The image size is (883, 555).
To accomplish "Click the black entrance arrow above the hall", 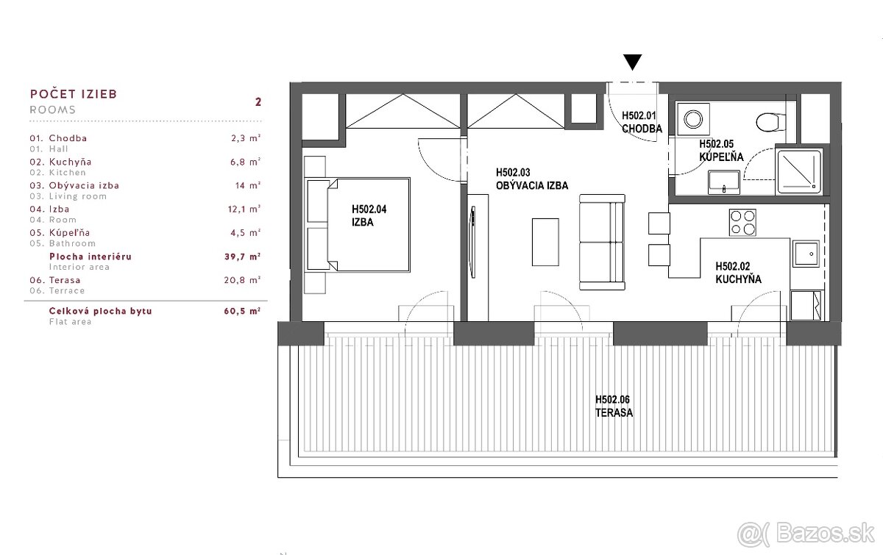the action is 632,62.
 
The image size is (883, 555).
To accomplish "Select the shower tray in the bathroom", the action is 798,171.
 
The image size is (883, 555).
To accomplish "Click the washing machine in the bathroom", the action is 693,119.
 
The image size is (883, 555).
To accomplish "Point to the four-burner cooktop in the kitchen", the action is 742,222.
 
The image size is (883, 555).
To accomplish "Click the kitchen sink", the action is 806,254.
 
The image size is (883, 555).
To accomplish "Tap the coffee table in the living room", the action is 545,242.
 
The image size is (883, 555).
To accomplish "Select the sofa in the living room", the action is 602,242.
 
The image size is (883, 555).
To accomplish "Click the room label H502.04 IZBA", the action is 369,215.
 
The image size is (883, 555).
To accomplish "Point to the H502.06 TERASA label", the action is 614,406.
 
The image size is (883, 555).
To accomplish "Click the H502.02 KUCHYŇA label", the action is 738,273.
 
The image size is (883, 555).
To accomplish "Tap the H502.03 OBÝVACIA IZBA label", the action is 532,179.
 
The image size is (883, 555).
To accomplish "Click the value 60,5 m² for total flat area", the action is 242,311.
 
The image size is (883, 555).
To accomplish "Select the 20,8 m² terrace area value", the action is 242,279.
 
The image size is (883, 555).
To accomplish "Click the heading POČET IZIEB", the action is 74,94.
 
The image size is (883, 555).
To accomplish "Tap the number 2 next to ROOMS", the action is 258,101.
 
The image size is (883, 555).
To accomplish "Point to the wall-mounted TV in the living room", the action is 472,242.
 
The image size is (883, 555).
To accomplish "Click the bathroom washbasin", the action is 724,182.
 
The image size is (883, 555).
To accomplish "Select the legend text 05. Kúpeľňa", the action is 60,232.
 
